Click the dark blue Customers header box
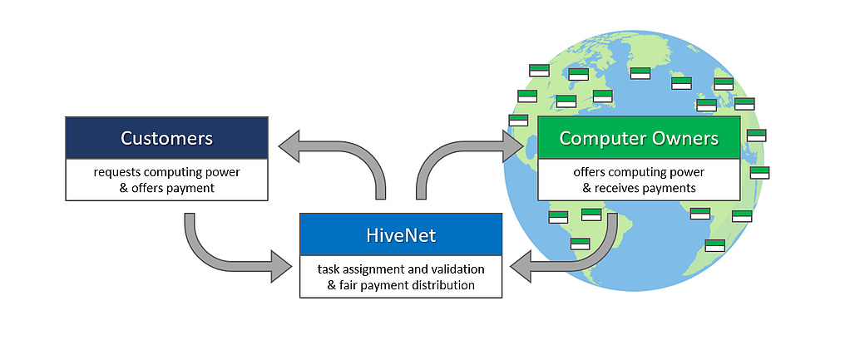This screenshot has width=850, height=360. click(166, 138)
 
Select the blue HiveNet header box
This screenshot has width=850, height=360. click(401, 235)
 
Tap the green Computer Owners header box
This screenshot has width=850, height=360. click(639, 138)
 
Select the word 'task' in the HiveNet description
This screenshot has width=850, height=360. click(330, 269)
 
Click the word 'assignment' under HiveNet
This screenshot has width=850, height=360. click(378, 269)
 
